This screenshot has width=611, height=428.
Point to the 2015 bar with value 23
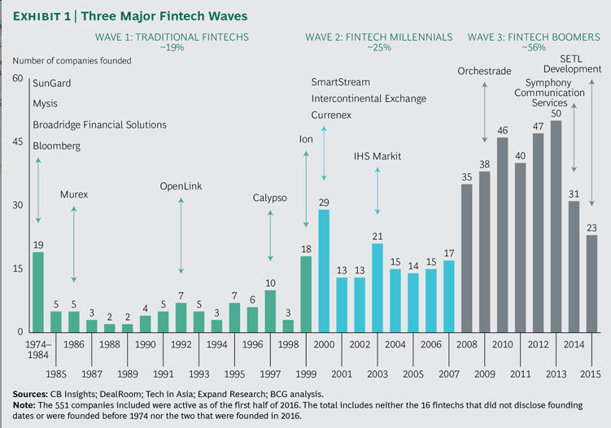[x=591, y=283]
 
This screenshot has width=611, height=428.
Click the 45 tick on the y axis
[x=17, y=142]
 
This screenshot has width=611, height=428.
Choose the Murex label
[x=74, y=194]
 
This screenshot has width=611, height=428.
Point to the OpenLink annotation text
[x=181, y=186]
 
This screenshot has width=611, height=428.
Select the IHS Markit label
[x=378, y=155]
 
